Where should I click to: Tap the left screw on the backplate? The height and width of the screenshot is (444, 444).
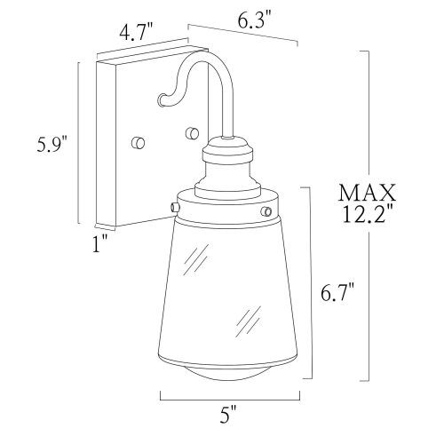[137, 142]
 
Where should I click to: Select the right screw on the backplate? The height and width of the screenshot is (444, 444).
[191, 133]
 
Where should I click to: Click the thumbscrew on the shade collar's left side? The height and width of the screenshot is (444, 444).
[173, 206]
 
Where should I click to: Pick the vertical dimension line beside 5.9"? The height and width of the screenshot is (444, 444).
[79, 142]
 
